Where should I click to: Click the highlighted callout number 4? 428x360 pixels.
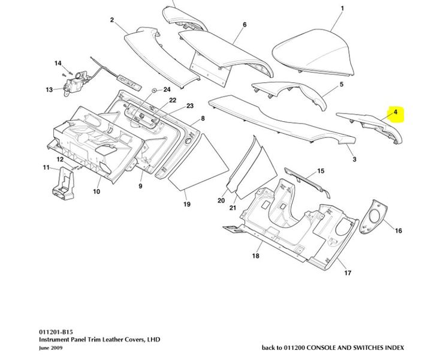396,112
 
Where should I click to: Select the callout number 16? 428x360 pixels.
398,230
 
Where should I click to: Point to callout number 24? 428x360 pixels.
167,89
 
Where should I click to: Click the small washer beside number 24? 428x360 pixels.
155,90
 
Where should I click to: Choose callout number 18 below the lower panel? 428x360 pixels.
256,256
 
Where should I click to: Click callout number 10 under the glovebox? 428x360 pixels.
96,191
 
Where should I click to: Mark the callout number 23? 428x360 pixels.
190,106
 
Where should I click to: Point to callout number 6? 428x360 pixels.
245,25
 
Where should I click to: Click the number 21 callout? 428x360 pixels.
233,208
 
